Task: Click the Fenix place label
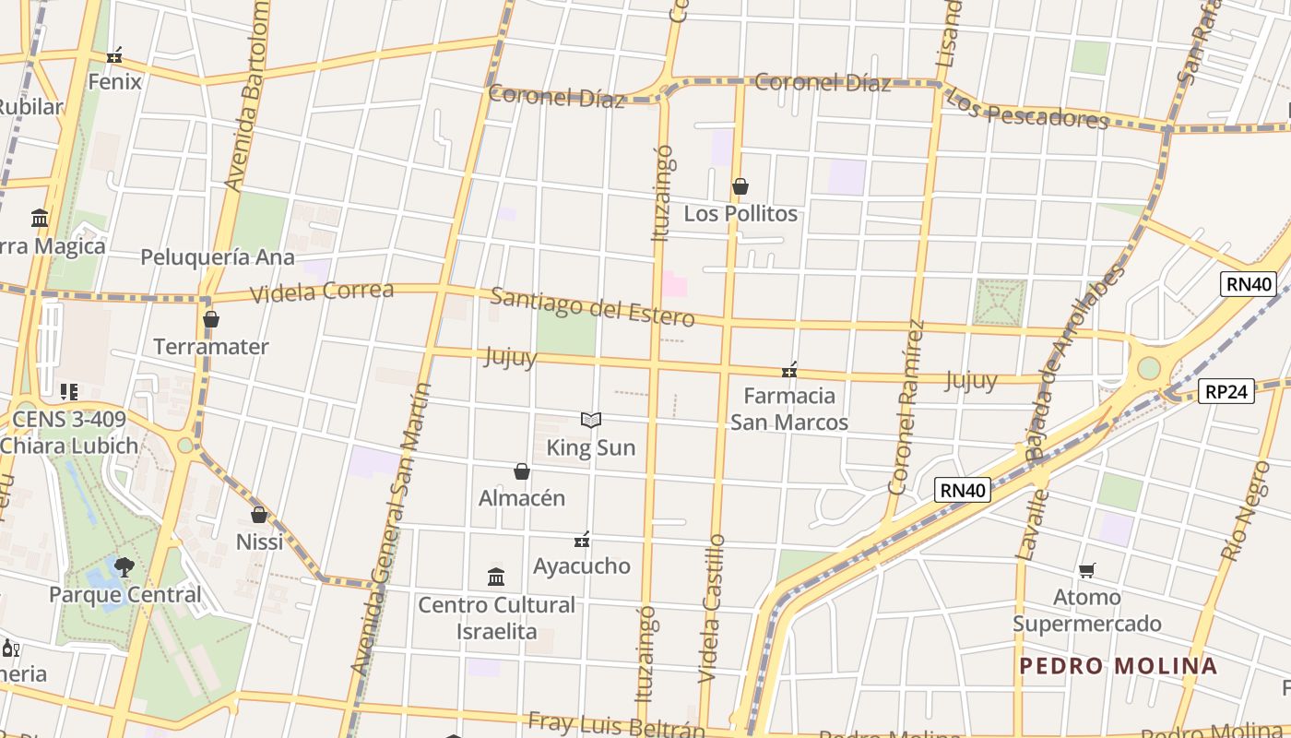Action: (115, 81)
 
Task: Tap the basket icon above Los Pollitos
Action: (740, 187)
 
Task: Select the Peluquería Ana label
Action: (218, 257)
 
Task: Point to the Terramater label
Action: (211, 347)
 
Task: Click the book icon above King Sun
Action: (591, 421)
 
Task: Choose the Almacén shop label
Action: (522, 498)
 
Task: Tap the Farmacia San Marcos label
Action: (789, 410)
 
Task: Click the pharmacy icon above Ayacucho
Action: (582, 540)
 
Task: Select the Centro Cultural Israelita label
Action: (496, 618)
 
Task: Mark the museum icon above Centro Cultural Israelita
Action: (496, 577)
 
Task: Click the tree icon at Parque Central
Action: (124, 567)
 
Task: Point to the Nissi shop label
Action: (260, 542)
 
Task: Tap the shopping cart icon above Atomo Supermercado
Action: (1087, 571)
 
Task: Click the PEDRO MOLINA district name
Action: (1118, 666)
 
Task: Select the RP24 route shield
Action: (1228, 392)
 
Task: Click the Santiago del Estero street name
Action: (592, 307)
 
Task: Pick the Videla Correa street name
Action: (322, 292)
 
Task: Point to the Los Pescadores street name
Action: (1026, 109)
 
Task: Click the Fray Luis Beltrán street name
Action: (616, 724)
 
